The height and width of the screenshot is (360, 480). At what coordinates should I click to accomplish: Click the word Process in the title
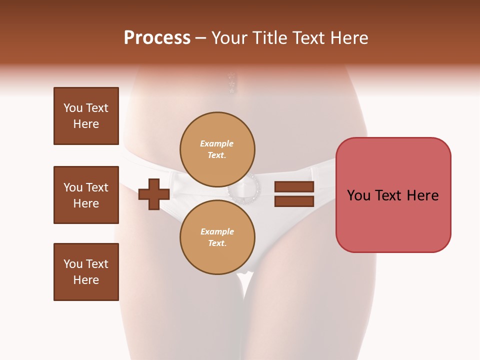click(157, 38)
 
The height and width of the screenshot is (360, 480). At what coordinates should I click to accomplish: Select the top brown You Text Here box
click(86, 116)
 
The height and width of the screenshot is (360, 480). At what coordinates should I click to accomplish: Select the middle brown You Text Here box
click(86, 195)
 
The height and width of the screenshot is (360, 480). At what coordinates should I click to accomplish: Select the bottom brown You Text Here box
click(86, 272)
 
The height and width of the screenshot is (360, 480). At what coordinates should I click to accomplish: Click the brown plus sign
click(154, 194)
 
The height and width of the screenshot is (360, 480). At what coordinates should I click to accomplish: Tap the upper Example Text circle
click(217, 149)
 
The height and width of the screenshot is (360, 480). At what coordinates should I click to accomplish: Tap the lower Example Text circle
click(217, 237)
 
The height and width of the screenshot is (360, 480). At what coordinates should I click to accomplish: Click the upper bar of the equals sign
click(294, 187)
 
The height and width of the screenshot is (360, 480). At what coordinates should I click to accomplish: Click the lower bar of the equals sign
click(294, 201)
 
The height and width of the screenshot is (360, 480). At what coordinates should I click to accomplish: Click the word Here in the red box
click(422, 195)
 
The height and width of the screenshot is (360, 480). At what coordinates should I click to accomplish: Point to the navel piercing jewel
click(231, 83)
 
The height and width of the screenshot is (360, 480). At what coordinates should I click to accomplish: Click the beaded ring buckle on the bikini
click(243, 190)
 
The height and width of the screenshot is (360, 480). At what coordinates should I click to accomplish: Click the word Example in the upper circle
click(217, 143)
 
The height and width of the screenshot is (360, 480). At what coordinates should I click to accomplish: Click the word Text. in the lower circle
click(217, 243)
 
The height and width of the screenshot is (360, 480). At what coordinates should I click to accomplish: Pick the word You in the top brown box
click(73, 108)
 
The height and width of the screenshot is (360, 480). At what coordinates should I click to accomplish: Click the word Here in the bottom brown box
click(86, 280)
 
